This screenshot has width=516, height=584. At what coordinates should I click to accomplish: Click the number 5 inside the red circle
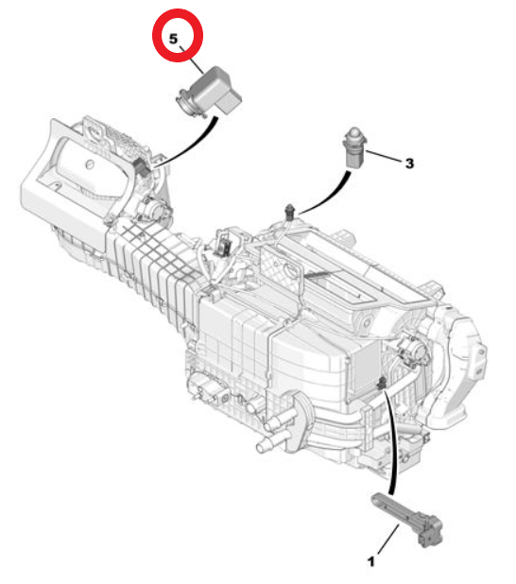click(174, 39)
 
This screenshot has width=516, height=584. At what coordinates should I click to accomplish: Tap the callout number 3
click(409, 163)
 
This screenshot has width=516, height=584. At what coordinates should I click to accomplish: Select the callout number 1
click(371, 561)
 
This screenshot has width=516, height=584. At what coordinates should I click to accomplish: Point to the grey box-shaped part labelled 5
click(211, 91)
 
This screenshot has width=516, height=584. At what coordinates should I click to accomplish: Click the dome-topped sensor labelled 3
click(354, 147)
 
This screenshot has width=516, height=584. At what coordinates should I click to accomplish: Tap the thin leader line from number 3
click(385, 157)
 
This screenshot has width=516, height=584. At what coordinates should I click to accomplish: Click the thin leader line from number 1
click(387, 539)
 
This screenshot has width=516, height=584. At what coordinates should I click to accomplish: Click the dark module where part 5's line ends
click(142, 165)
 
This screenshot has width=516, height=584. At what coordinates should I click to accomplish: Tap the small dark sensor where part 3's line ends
click(289, 212)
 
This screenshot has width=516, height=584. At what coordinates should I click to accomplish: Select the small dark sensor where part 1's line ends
click(381, 383)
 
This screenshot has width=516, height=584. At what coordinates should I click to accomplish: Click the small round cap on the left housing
click(89, 163)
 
